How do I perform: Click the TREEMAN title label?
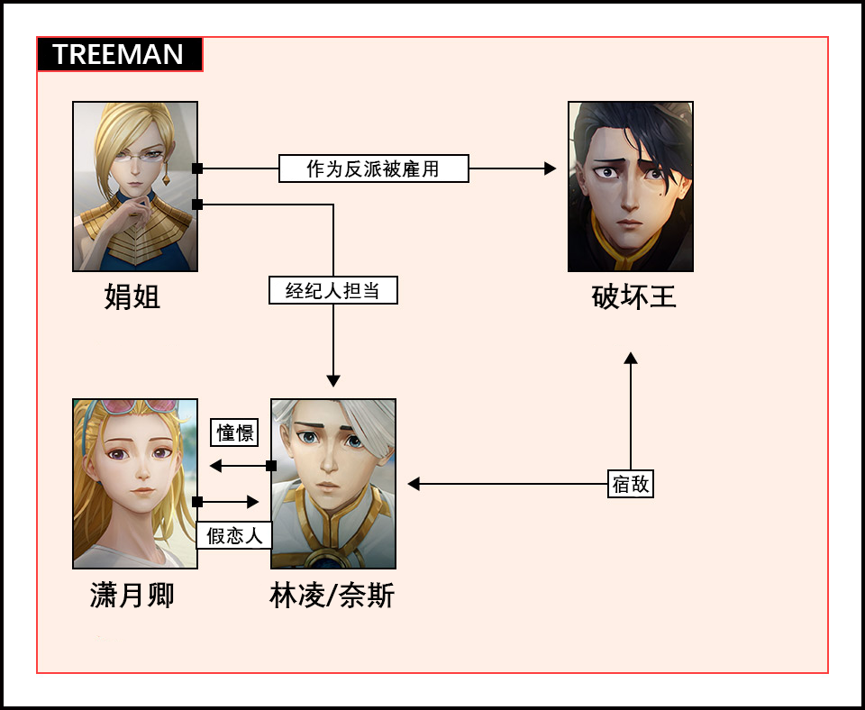point(119,55)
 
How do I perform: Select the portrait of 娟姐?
point(135,187)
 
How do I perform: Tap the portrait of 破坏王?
point(630,187)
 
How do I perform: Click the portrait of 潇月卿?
point(135,484)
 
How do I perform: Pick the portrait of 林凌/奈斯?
point(333,484)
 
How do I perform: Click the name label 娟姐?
point(132,296)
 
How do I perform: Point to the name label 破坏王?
point(633,296)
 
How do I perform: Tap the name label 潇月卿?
point(132,595)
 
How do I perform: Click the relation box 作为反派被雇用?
point(373,168)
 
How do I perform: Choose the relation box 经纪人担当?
point(332,290)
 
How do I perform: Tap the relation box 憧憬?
point(234,432)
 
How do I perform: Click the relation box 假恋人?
point(234,535)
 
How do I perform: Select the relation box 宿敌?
point(630,484)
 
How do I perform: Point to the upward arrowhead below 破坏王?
point(631,359)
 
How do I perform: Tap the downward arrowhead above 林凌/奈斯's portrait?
point(333,381)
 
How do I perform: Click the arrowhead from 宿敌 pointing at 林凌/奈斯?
point(414,484)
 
